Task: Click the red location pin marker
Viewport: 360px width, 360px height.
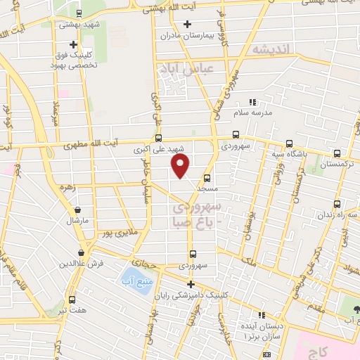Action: [181, 166]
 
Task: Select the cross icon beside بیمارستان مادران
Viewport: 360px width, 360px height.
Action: [187, 24]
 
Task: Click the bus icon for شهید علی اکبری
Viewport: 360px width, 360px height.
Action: [159, 138]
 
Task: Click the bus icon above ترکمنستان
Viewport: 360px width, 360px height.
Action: [337, 153]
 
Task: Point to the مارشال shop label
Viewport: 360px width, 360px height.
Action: [75, 221]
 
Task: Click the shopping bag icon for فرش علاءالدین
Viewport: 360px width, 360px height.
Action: [82, 252]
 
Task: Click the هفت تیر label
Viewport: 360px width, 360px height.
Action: [72, 309]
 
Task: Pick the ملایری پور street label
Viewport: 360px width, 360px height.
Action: [115, 231]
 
